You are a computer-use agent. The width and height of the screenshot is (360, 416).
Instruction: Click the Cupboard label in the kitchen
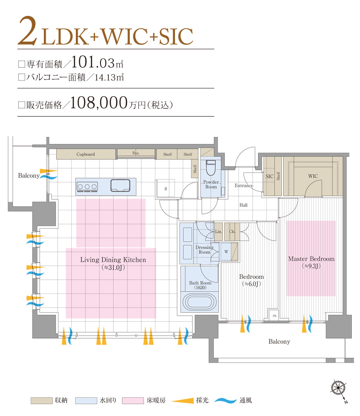(85, 155)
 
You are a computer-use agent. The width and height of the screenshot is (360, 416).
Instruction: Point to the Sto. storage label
(136, 153)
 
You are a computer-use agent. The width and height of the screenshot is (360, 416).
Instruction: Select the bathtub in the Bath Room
(198, 302)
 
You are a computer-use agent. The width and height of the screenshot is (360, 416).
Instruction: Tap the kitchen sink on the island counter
(121, 186)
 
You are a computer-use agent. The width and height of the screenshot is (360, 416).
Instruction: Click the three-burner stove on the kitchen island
(88, 186)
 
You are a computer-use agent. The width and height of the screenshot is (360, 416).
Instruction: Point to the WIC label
(312, 176)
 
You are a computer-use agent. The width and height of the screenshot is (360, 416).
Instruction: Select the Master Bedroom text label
(311, 259)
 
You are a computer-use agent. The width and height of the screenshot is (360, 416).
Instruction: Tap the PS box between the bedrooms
(275, 316)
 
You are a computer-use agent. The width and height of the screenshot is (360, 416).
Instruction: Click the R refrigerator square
(165, 188)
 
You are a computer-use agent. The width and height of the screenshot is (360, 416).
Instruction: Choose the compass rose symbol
(338, 388)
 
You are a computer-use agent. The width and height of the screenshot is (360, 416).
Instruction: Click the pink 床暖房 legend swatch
(131, 400)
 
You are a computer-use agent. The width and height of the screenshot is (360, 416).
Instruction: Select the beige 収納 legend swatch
(41, 400)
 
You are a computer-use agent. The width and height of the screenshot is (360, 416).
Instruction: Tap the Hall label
(244, 205)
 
